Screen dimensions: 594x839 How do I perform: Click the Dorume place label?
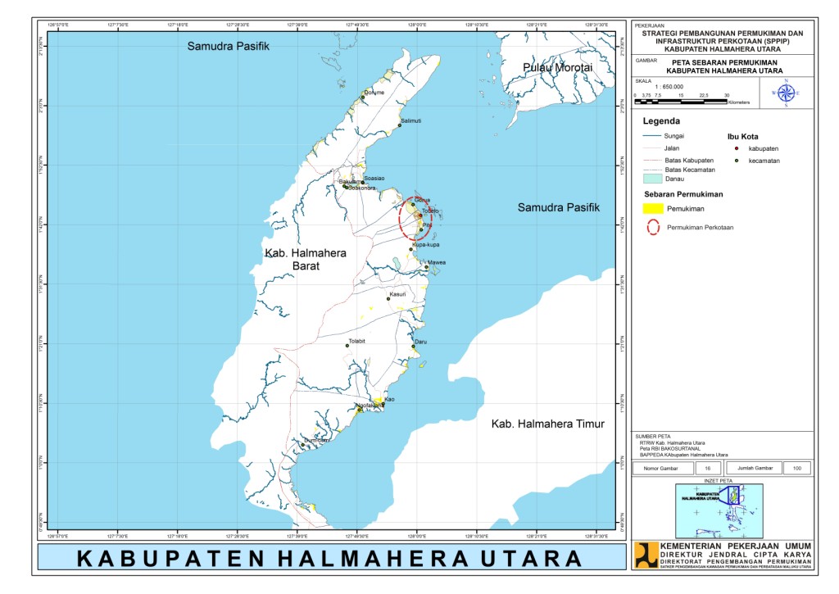(x=374, y=93)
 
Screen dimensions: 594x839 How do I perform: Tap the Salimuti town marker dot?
(x=400, y=125)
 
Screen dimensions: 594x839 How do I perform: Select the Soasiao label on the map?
(x=374, y=178)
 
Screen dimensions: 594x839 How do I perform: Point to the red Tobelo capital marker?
(x=420, y=215)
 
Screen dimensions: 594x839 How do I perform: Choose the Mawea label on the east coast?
(x=437, y=262)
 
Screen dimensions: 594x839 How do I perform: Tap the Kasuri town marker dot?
(x=389, y=299)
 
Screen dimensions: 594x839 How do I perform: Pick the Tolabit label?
(x=356, y=340)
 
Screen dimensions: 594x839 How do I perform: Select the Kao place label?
(x=390, y=399)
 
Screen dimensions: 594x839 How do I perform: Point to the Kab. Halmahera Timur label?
(x=547, y=424)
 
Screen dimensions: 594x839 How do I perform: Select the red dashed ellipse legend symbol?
(x=654, y=228)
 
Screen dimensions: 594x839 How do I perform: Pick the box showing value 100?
(x=795, y=468)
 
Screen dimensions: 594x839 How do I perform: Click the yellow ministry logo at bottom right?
(x=646, y=554)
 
